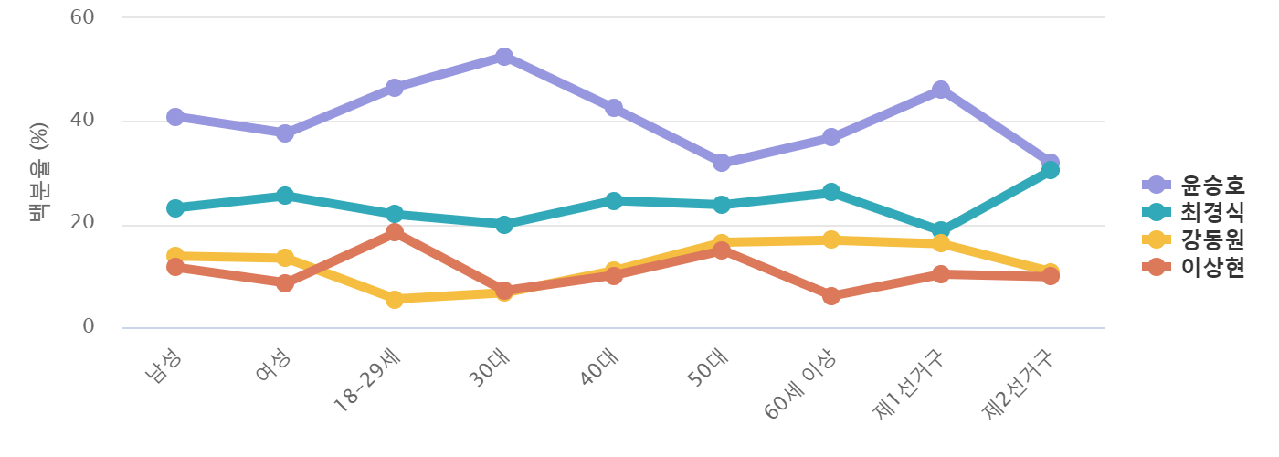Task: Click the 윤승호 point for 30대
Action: pyautogui.click(x=503, y=57)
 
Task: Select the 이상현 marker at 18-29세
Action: pyautogui.click(x=395, y=232)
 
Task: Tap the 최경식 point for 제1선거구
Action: pyautogui.click(x=940, y=230)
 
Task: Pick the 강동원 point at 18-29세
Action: pyautogui.click(x=395, y=299)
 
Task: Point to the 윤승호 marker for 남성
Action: pyautogui.click(x=175, y=117)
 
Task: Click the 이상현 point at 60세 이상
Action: pyautogui.click(x=830, y=296)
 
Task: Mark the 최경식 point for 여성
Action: pyautogui.click(x=285, y=196)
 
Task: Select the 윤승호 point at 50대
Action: pyautogui.click(x=722, y=163)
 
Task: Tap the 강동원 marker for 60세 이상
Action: pyautogui.click(x=830, y=239)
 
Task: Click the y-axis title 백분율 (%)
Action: pyautogui.click(x=38, y=173)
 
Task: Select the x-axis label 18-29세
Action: pyautogui.click(x=370, y=382)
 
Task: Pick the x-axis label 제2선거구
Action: pyautogui.click(x=1020, y=385)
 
